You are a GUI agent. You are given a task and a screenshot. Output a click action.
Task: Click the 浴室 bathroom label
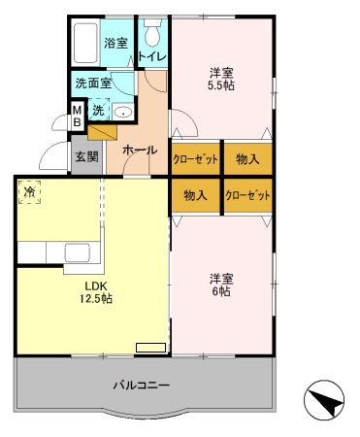116,44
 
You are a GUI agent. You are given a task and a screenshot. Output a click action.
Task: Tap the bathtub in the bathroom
85,43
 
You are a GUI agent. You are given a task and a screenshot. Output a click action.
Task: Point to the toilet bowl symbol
152,35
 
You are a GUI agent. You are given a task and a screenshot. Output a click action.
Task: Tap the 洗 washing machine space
98,111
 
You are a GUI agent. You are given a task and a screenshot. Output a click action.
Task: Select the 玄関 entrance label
85,155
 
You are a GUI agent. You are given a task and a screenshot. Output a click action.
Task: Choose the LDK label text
93,286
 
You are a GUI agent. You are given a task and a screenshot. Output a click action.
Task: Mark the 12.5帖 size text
93,299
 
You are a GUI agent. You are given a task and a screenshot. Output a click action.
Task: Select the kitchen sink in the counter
78,252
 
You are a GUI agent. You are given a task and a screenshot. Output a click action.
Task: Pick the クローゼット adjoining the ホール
196,158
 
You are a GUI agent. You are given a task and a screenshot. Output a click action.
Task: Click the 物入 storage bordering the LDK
196,194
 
